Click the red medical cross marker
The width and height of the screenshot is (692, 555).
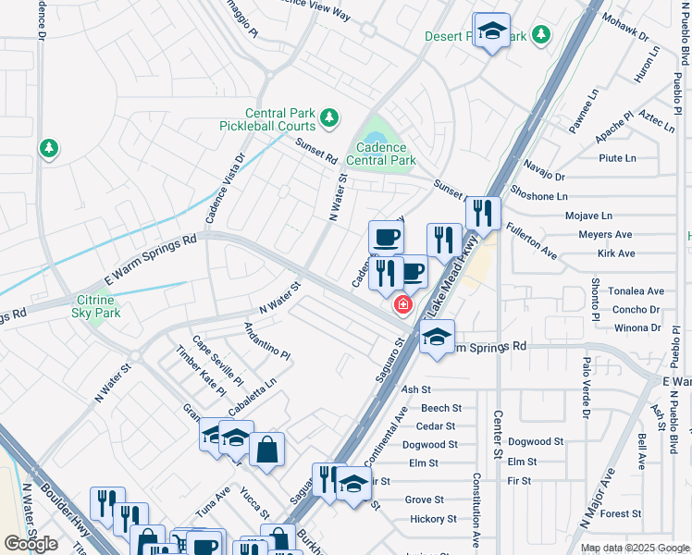(x=403, y=304)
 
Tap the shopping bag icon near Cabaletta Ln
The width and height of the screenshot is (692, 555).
(x=266, y=450)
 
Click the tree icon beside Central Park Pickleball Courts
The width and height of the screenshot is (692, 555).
(x=328, y=118)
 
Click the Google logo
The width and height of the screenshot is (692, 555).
(x=31, y=544)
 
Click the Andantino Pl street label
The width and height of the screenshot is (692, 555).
(x=266, y=341)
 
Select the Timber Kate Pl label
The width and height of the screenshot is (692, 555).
(x=201, y=371)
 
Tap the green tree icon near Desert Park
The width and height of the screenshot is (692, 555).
(x=541, y=35)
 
